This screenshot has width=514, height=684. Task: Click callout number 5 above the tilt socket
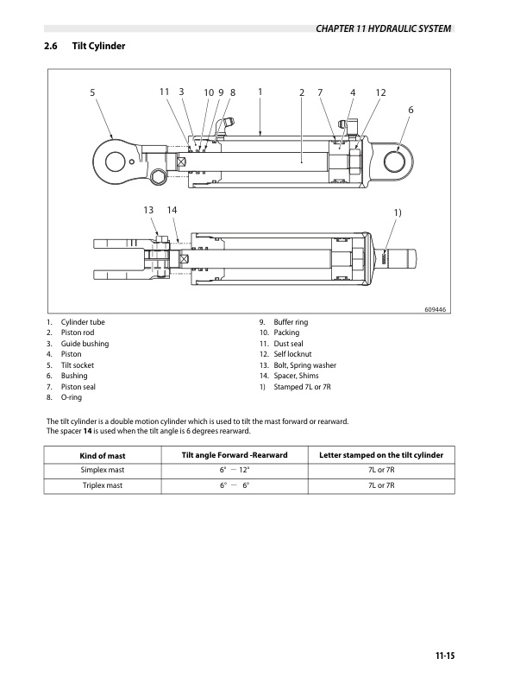[92, 92]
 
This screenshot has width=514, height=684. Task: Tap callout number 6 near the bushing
[411, 110]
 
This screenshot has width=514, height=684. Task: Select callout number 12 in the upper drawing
[380, 92]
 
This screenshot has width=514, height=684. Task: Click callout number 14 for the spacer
[172, 211]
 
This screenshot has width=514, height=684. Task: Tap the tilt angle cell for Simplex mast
[234, 471]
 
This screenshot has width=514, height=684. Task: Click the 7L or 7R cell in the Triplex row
[381, 487]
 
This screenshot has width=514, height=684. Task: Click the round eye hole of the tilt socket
[112, 158]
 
